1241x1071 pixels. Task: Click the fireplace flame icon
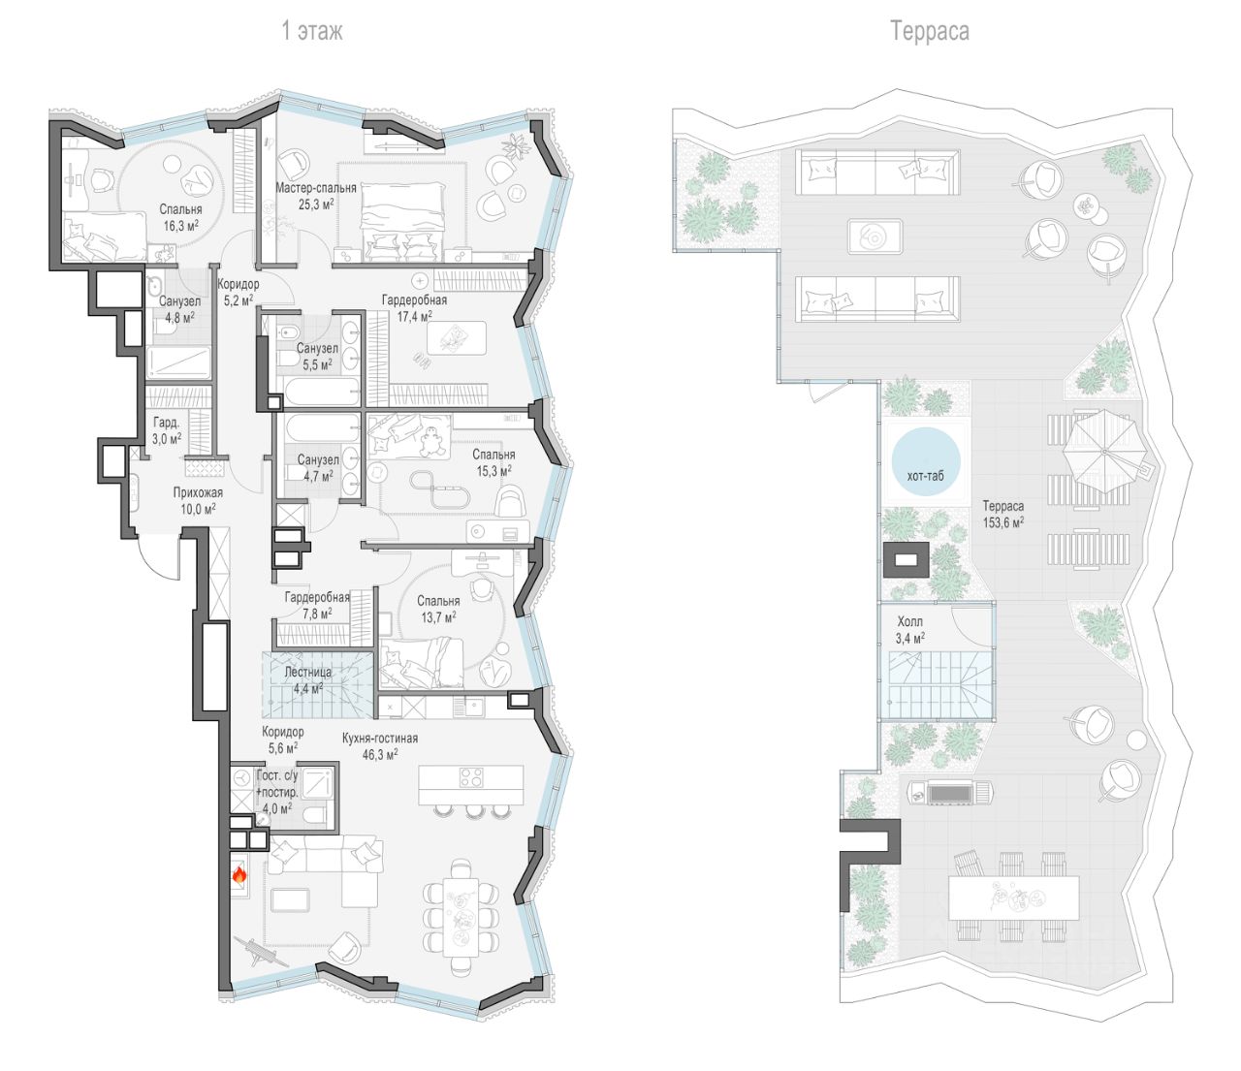(239, 875)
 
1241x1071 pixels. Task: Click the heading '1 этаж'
(312, 31)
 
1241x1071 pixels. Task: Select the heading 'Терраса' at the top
(930, 31)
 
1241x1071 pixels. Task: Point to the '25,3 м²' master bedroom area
(316, 204)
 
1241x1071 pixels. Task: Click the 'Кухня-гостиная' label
(380, 739)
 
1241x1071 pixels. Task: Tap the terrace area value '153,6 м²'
(1003, 521)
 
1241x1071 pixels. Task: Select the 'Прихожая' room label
(198, 492)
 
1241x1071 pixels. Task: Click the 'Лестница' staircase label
(308, 673)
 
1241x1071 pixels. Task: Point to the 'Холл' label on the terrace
(910, 621)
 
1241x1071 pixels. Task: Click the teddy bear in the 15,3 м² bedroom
(432, 443)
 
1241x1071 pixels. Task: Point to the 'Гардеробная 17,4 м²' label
(414, 307)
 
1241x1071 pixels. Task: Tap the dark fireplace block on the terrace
(906, 559)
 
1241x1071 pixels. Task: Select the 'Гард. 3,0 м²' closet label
(167, 429)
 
